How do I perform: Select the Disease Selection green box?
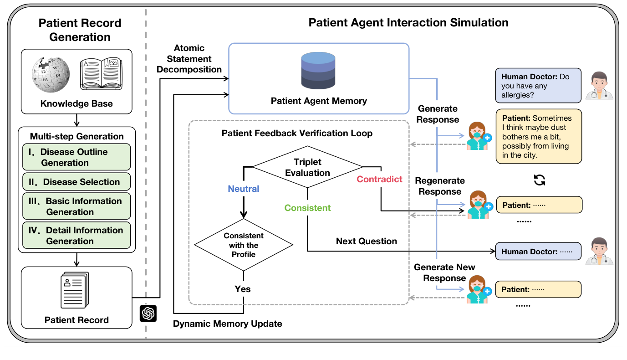click(76, 182)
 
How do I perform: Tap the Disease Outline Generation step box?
click(76, 157)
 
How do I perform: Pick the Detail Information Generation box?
click(76, 236)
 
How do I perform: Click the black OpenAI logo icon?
click(148, 314)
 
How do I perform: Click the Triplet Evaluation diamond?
click(307, 167)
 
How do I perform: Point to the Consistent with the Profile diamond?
click(244, 245)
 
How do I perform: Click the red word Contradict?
click(379, 179)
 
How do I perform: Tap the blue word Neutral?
click(244, 189)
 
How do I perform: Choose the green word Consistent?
click(307, 208)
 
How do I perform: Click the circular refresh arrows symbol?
click(540, 180)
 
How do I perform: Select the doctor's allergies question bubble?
click(538, 86)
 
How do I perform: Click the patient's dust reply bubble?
click(539, 136)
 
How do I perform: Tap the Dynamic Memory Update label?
click(228, 324)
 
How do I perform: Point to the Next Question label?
click(367, 241)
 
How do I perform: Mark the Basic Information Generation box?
click(76, 206)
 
